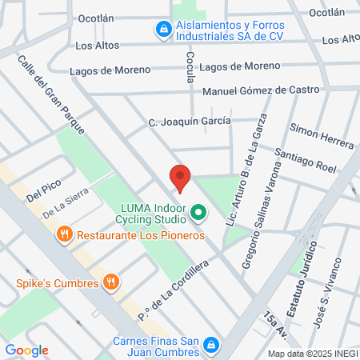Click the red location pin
181,178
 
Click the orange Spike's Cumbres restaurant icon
112,282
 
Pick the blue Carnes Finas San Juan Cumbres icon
210,344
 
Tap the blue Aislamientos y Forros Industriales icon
163,30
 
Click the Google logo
26,350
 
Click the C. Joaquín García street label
190,121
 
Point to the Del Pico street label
44,193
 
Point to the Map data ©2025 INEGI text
312,353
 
